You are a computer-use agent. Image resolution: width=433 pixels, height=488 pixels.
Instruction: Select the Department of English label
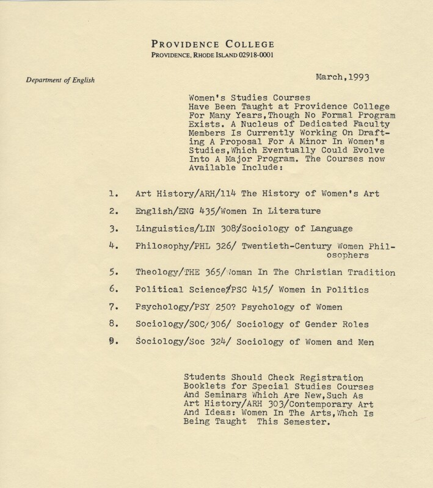click(x=61, y=78)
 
